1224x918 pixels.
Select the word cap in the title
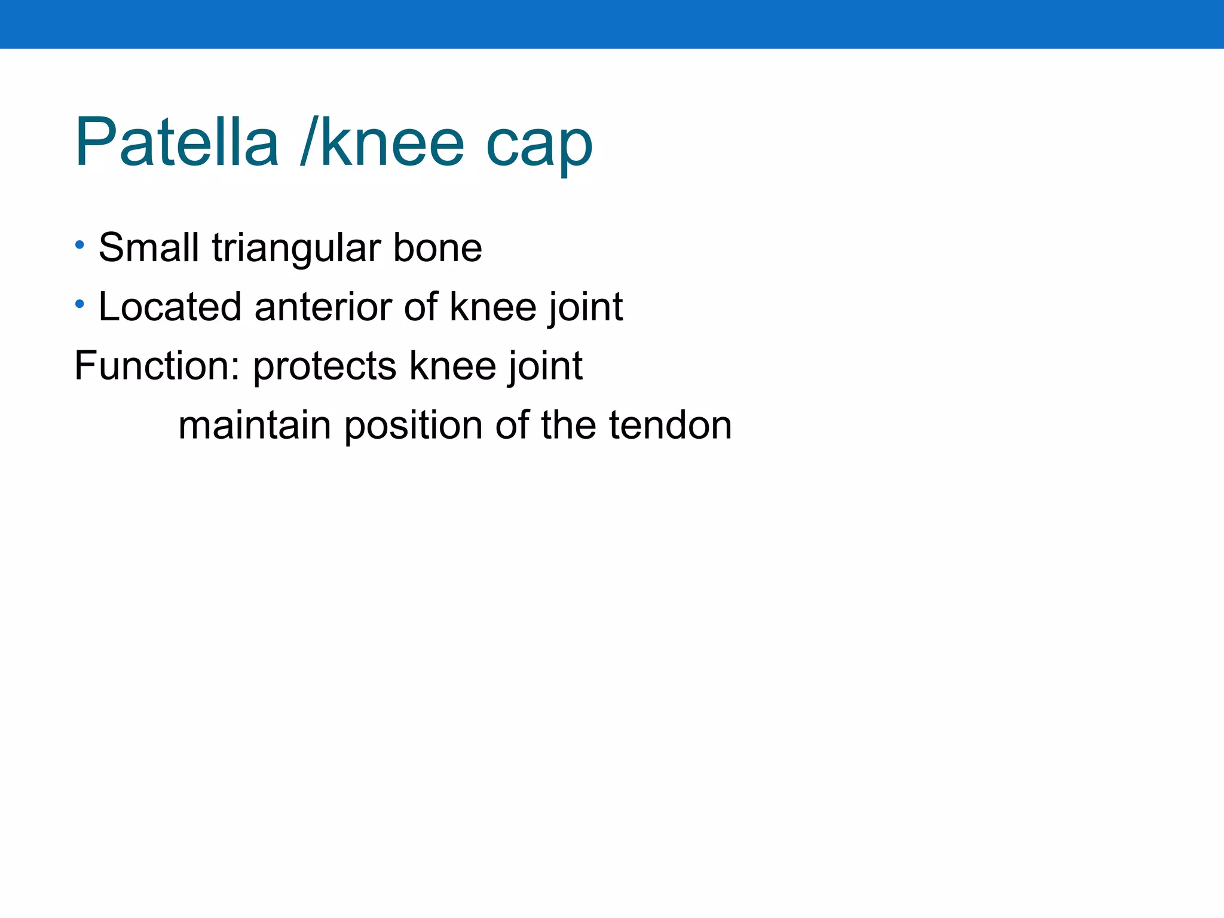pos(539,146)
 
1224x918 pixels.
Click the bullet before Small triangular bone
pos(79,245)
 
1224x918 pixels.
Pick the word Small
pos(149,247)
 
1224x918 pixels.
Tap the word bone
pos(437,247)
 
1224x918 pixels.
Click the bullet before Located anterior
pos(79,304)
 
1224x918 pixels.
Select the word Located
pos(170,306)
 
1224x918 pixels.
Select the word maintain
pos(255,425)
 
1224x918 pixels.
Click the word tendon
pos(670,425)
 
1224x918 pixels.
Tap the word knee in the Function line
pos(453,365)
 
